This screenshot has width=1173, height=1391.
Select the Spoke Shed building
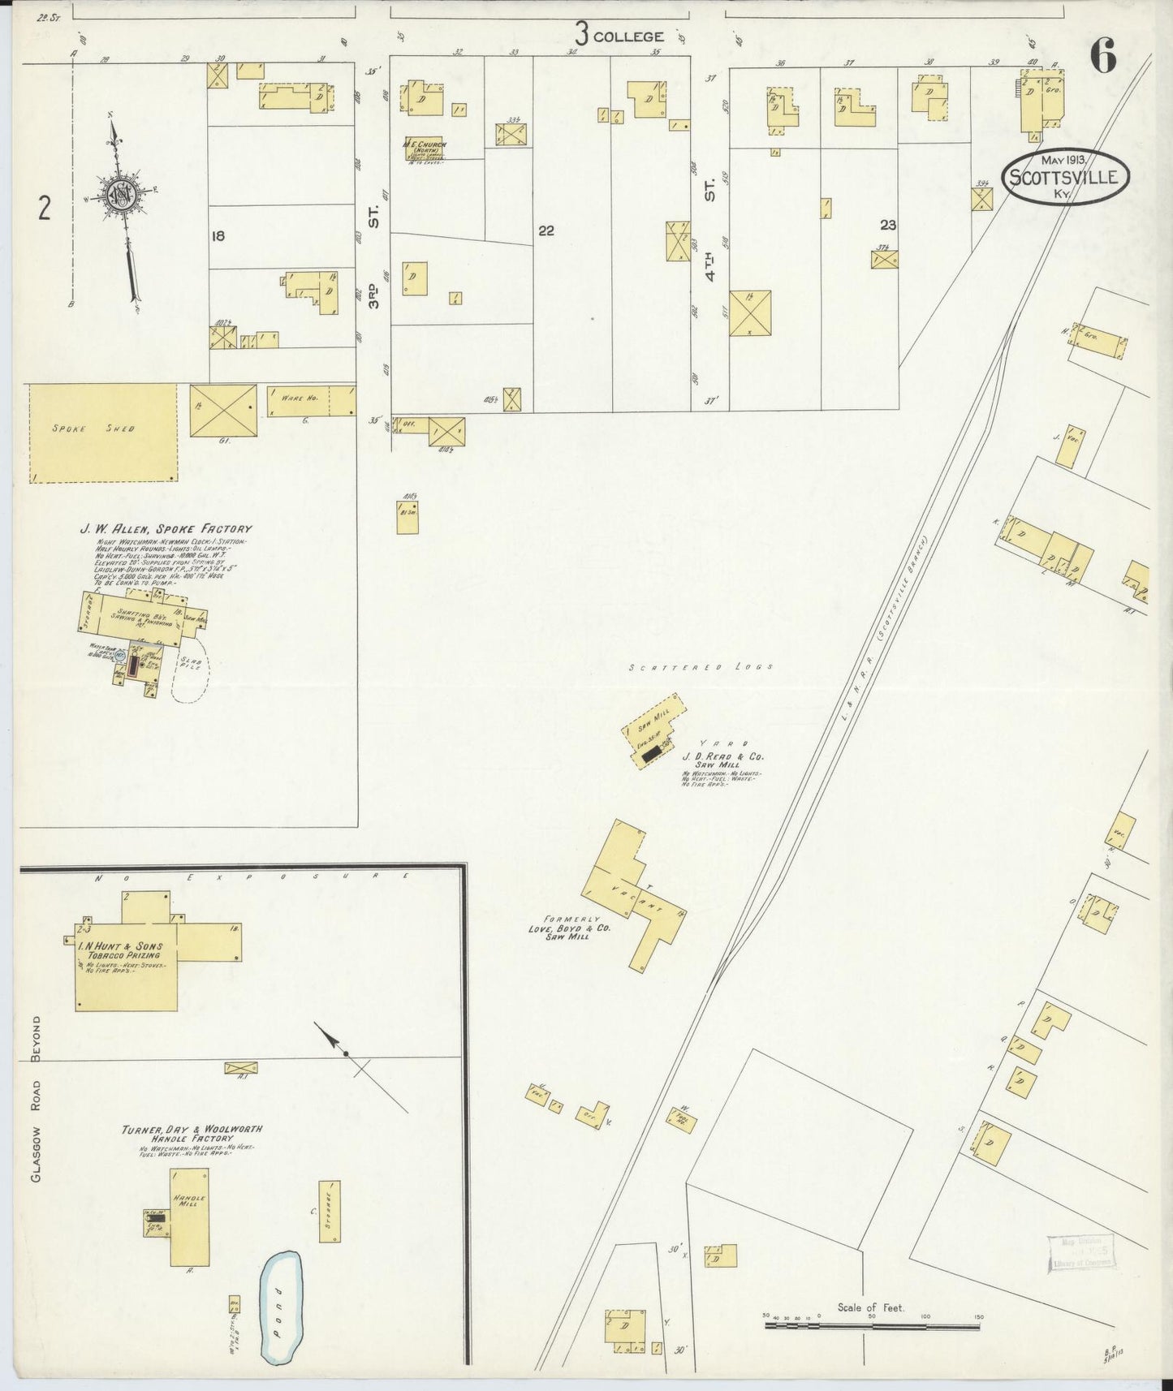pyautogui.click(x=103, y=433)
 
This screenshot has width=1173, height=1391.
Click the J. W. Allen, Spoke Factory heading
pyautogui.click(x=166, y=529)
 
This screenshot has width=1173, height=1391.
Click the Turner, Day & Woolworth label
pyautogui.click(x=192, y=1129)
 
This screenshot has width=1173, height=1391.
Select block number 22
pyautogui.click(x=546, y=231)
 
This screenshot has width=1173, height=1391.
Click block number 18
pyautogui.click(x=217, y=236)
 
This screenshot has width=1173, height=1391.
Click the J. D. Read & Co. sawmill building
pyautogui.click(x=650, y=730)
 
